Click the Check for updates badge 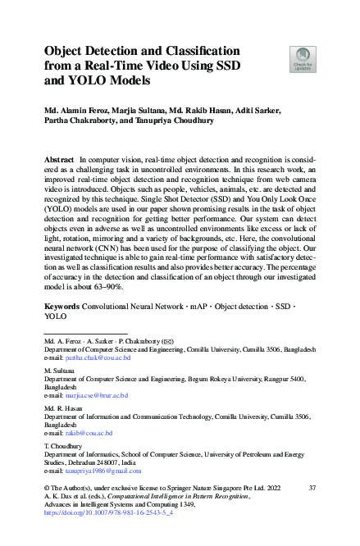(x=303, y=59)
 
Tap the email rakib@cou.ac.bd (x=89, y=432)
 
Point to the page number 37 (x=312, y=488)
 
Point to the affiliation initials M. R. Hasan (x=61, y=409)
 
